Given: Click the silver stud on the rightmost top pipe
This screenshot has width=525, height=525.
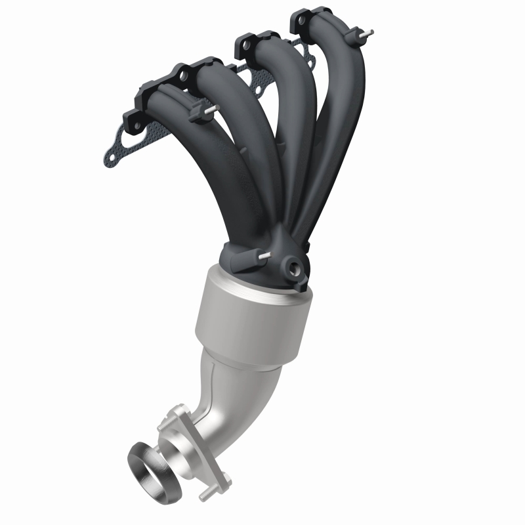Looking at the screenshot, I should click(370, 31).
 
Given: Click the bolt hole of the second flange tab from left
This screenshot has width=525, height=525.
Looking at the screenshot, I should click(182, 73).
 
